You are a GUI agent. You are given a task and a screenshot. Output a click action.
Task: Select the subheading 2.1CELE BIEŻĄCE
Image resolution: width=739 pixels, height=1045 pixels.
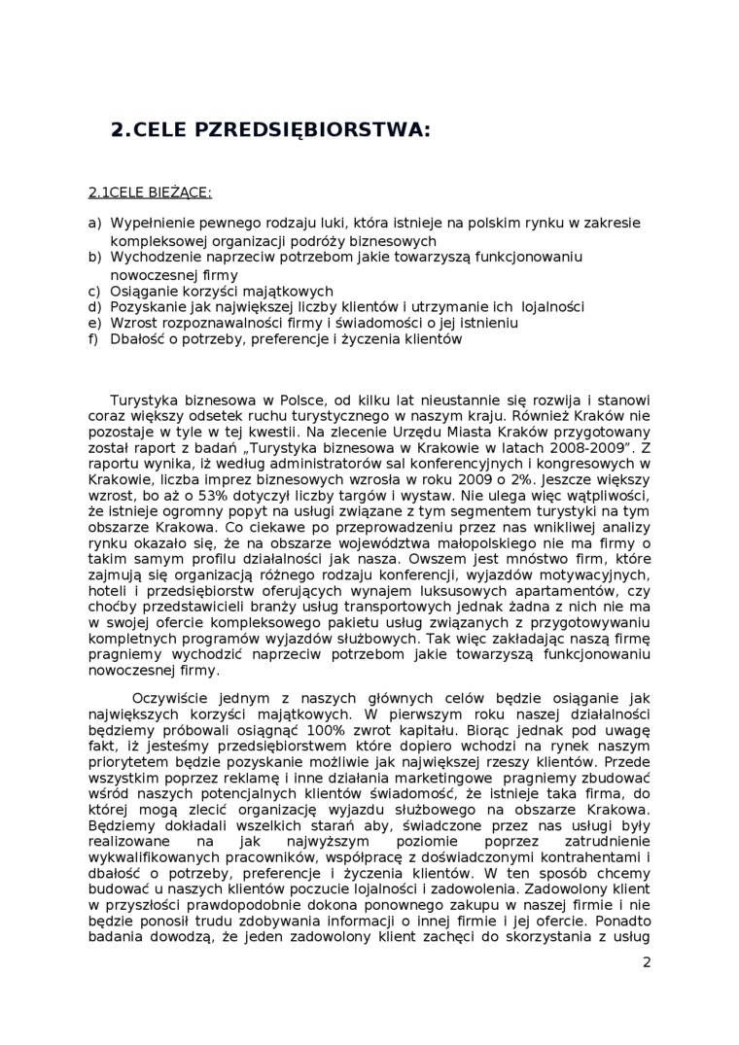(150, 192)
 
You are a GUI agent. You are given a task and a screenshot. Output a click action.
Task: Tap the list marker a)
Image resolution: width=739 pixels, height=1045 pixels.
(94, 223)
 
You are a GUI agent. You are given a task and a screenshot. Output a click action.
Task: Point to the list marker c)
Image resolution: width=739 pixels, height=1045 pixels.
(94, 291)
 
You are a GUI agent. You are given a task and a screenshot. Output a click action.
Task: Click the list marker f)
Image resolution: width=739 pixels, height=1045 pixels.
(94, 339)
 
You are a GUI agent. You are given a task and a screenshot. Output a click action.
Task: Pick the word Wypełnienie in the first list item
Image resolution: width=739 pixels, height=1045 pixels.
(150, 223)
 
